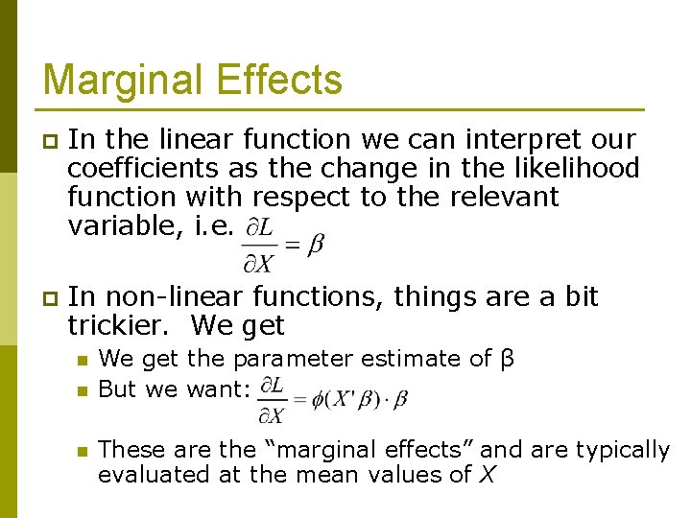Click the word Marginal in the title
119,80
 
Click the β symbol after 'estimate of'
509,360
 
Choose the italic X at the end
486,474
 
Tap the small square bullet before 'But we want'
82,390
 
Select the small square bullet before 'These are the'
82,451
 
